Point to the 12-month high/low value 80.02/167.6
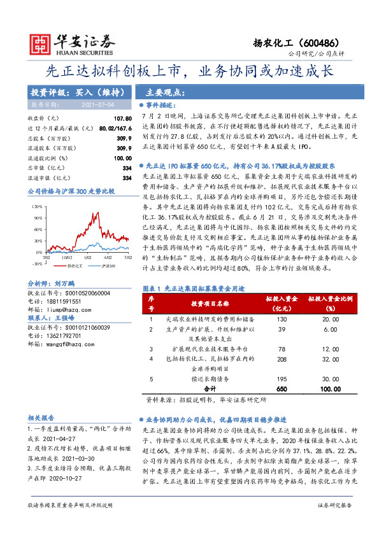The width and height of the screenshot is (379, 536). tap(115, 129)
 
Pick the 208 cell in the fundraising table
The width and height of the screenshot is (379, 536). tap(282, 358)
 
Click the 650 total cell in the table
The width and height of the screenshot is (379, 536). tap(282, 388)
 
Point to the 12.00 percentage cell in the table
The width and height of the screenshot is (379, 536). tap(331, 349)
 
